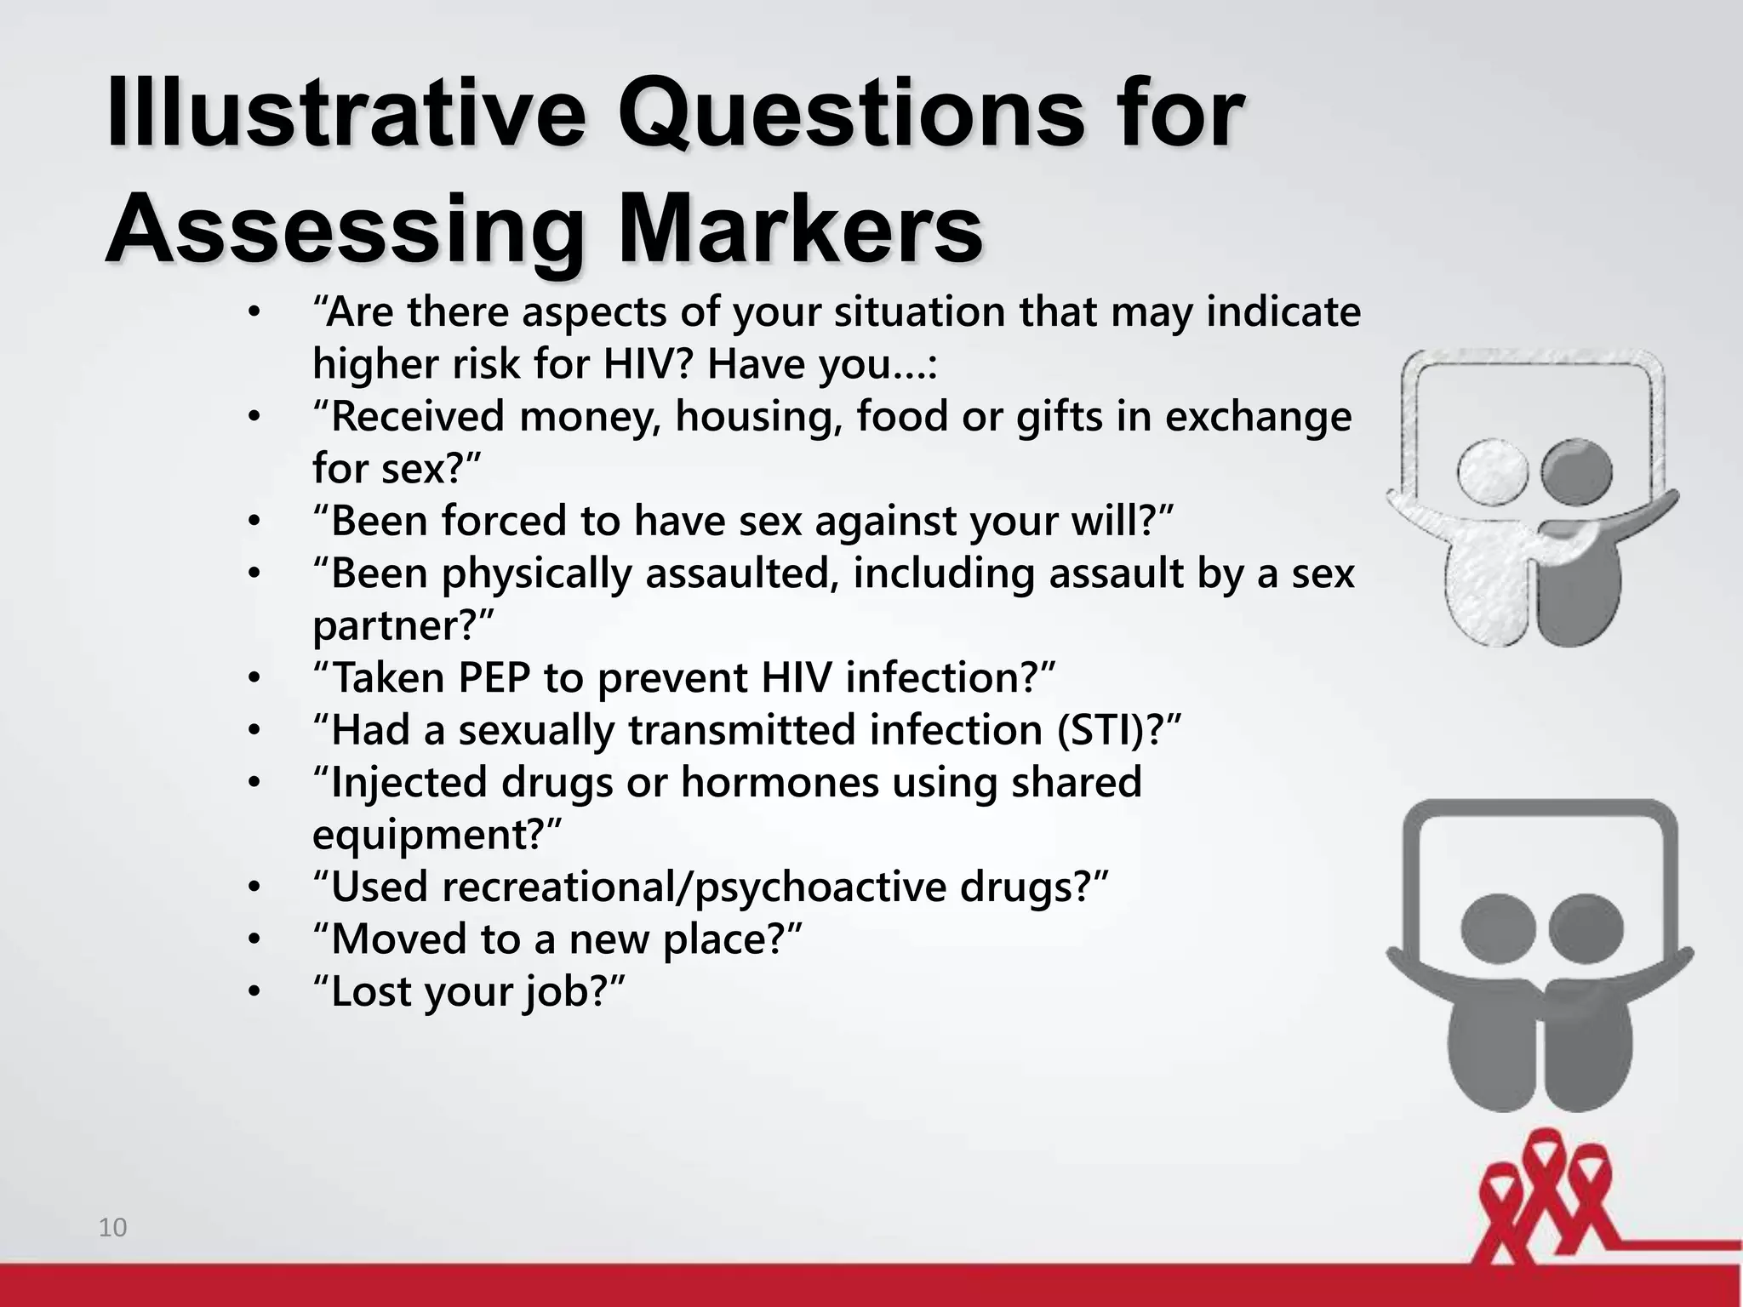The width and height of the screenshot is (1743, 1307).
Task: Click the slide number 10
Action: pos(112,1228)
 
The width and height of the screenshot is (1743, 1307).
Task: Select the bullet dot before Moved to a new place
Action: pos(253,940)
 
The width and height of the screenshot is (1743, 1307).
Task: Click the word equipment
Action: pos(426,835)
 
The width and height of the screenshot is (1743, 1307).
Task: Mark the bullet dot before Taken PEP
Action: pos(253,679)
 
